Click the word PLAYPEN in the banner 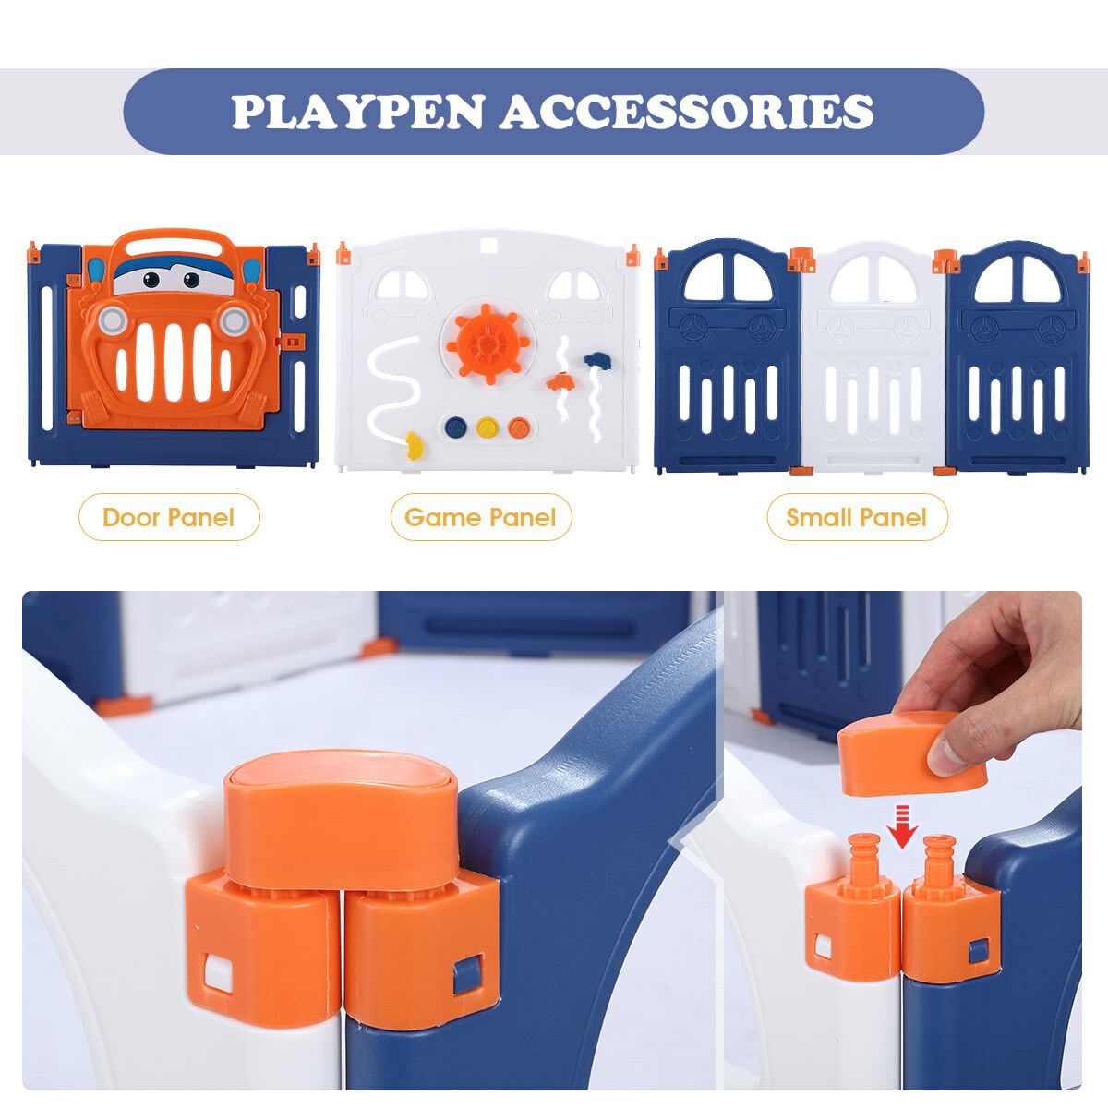357,111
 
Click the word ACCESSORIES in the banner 686,111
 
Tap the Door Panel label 168,517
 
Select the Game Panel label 481,517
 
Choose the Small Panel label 857,517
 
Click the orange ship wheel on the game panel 488,343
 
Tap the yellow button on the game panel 487,428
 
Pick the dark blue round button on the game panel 455,428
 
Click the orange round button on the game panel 519,428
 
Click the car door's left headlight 112,321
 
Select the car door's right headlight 234,321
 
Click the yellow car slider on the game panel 414,446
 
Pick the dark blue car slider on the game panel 596,360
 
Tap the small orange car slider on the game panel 559,381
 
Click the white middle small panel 873,356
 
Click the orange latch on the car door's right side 290,342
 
